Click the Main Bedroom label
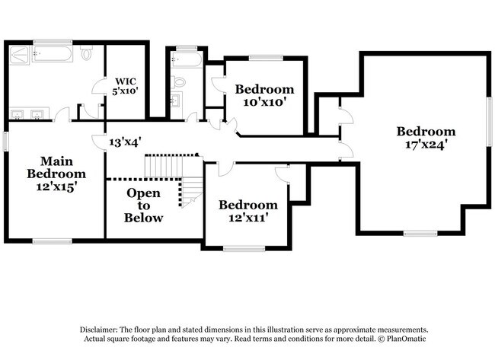56,167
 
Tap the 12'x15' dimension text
56,185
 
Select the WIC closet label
125,81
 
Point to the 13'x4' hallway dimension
125,142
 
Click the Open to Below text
143,205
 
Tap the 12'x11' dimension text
248,217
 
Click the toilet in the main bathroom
87,53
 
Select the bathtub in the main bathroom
53,54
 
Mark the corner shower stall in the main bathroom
21,55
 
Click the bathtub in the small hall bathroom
187,59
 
